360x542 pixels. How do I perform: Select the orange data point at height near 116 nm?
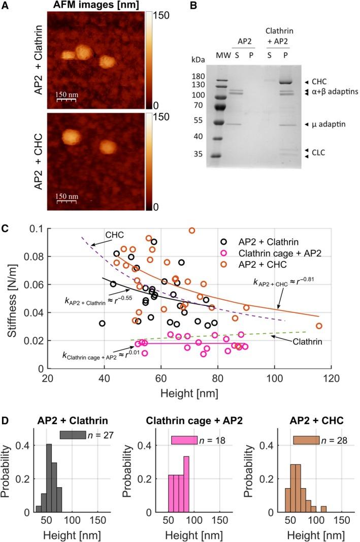pos(319,326)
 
